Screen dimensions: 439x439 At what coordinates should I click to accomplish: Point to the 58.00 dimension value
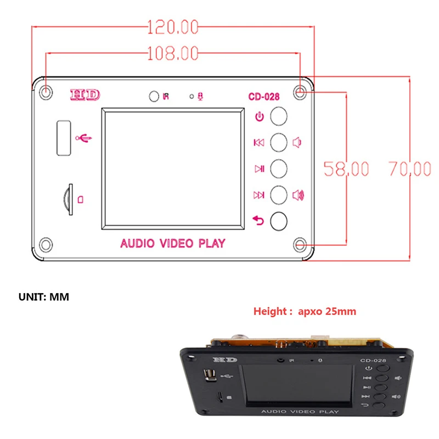(x=345, y=168)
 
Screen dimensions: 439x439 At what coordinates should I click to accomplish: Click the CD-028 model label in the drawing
(x=264, y=97)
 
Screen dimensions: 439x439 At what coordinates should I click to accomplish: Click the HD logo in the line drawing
(x=85, y=94)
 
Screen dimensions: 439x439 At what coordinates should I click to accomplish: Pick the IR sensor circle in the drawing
(x=154, y=97)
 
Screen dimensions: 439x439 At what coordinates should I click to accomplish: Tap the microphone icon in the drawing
(x=201, y=97)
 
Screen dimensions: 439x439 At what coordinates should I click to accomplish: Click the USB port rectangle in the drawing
(x=62, y=137)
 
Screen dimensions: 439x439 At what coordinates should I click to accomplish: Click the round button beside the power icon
(x=279, y=116)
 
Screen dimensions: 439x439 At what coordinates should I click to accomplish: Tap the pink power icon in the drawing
(x=260, y=116)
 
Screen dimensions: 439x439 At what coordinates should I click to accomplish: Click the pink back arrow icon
(x=258, y=220)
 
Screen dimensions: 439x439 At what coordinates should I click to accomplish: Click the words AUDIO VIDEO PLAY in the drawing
(x=172, y=243)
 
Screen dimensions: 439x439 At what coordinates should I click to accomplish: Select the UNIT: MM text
(x=44, y=297)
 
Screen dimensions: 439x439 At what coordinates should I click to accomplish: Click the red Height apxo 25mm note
(x=305, y=312)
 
